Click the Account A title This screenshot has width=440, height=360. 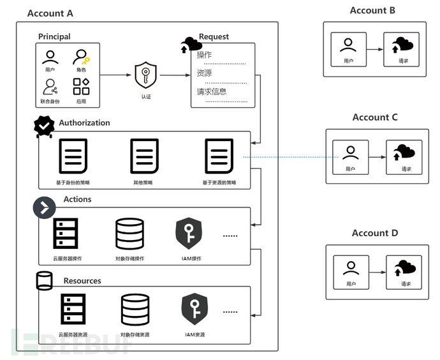coord(50,13)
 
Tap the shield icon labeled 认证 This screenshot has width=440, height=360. coord(146,76)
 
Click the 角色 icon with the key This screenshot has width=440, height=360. coord(81,57)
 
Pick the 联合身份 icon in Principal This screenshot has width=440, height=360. coord(50,87)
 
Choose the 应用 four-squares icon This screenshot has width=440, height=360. coord(81,87)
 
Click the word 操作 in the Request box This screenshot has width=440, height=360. coord(205,55)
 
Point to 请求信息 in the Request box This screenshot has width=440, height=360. coord(212,91)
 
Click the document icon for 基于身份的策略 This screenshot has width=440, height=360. coord(73,156)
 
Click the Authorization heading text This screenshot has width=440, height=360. coord(84,123)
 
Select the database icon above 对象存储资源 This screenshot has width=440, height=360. coord(135,310)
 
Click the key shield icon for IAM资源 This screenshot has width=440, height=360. coord(194,310)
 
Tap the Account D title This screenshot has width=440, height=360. coord(374,233)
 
